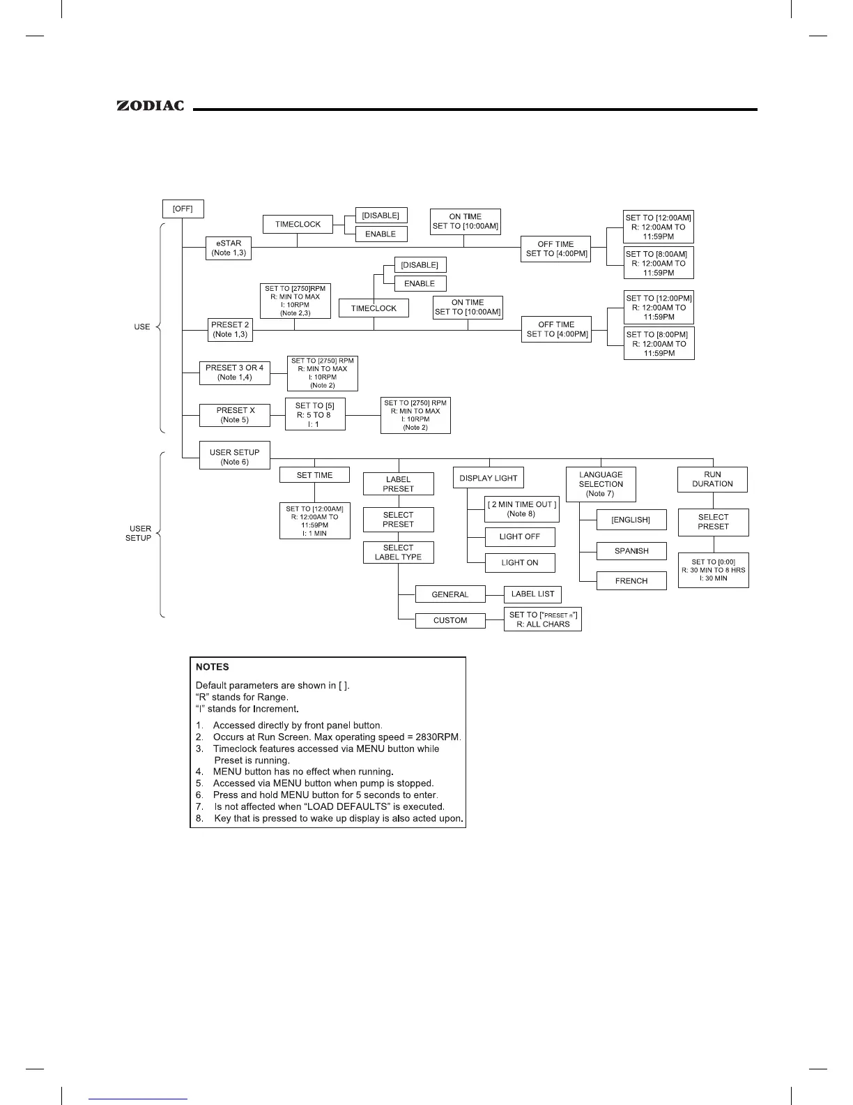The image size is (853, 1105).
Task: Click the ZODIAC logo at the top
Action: pyautogui.click(x=151, y=106)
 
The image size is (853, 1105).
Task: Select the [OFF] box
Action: pyautogui.click(x=183, y=209)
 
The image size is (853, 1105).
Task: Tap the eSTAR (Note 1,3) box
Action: pyautogui.click(x=229, y=248)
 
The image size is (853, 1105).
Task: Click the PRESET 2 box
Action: pyautogui.click(x=230, y=329)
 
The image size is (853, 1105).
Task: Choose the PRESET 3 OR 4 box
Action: pyautogui.click(x=234, y=373)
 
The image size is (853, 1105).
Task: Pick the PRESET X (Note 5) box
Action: pyautogui.click(x=234, y=415)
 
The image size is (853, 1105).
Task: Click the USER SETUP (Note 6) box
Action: pyautogui.click(x=234, y=457)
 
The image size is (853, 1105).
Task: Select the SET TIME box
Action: pyautogui.click(x=314, y=475)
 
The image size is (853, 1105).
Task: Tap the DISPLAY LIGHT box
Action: pyautogui.click(x=489, y=478)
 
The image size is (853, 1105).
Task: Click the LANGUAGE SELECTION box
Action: pyautogui.click(x=601, y=484)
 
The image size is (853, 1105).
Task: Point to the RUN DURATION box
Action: pyautogui.click(x=712, y=479)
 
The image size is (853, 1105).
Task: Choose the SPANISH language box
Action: pyautogui.click(x=631, y=551)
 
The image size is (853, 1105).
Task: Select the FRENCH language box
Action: pyautogui.click(x=631, y=580)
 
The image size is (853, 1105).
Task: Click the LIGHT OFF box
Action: pyautogui.click(x=520, y=537)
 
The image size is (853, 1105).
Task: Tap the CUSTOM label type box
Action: pyautogui.click(x=450, y=620)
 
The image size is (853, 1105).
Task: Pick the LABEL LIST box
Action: pyautogui.click(x=532, y=594)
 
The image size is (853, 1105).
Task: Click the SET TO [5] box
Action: pyautogui.click(x=315, y=414)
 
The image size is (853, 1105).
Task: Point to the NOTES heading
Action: pyautogui.click(x=213, y=667)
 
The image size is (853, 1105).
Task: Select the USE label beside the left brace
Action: pyautogui.click(x=142, y=326)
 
